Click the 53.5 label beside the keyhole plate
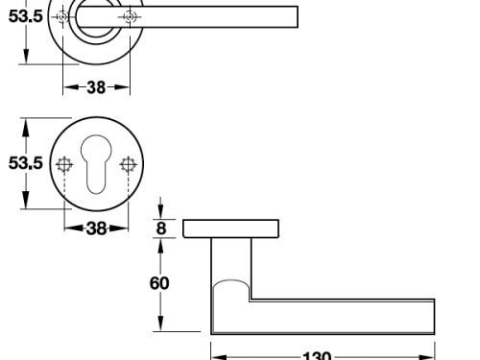click(26, 163)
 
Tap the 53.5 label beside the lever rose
click(26, 16)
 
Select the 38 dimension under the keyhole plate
click(96, 228)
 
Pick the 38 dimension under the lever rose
click(96, 87)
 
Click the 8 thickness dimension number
click(161, 228)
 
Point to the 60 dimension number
click(159, 283)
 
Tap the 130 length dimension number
click(317, 356)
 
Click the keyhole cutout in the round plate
click(96, 164)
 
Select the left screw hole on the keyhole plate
click(64, 165)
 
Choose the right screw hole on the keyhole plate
click(129, 165)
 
